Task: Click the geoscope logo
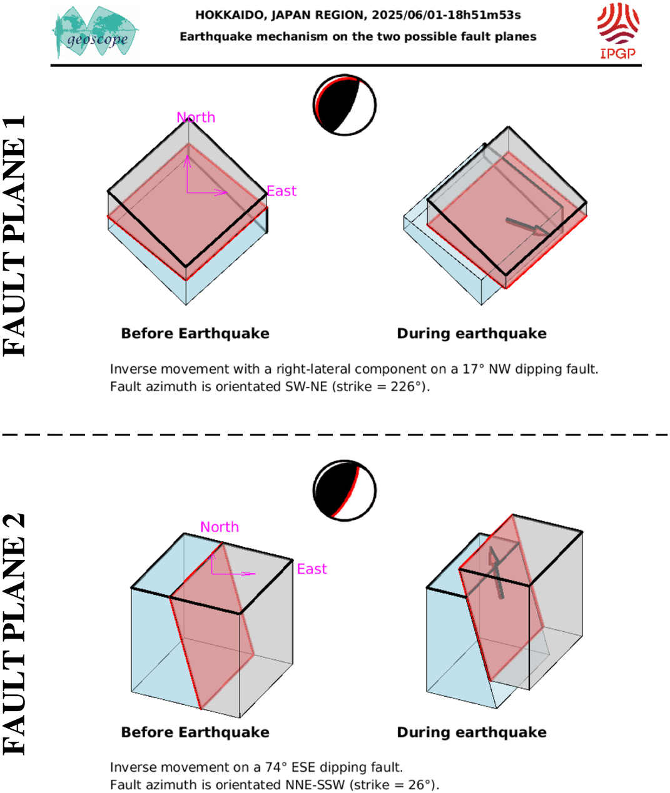point(95,32)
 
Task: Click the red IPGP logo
point(618,31)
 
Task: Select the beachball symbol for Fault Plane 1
point(345,105)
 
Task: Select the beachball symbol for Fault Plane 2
point(345,491)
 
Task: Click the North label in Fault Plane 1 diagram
point(196,117)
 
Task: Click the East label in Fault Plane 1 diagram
point(282,191)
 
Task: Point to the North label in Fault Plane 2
point(220,527)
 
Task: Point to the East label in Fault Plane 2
point(312,569)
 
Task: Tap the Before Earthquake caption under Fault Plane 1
point(195,334)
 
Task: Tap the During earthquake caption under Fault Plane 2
point(472,732)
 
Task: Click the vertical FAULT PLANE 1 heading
point(14,236)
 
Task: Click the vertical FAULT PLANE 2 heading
point(14,634)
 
